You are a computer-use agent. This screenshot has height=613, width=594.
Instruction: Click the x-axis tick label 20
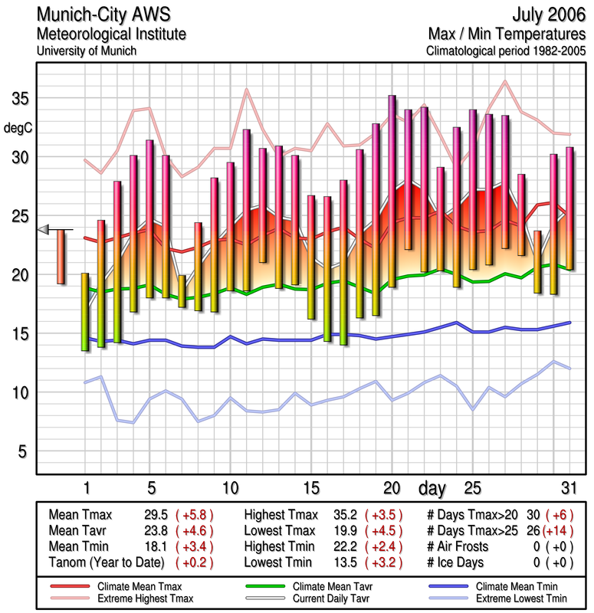click(x=392, y=488)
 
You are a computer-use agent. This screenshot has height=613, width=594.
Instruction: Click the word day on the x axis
click(x=434, y=488)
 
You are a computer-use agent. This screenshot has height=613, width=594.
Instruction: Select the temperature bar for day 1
click(x=85, y=312)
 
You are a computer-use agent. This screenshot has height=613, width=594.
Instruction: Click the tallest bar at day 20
click(x=392, y=192)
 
